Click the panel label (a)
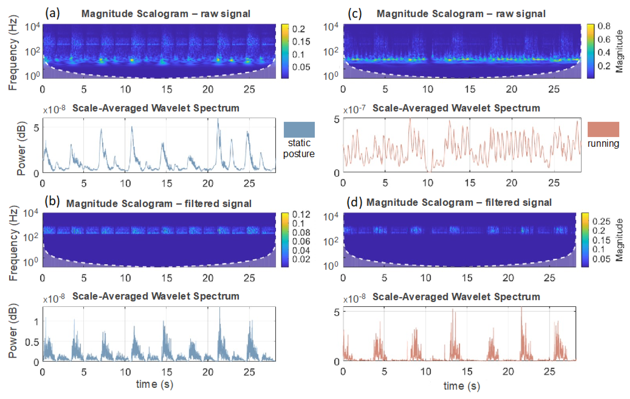pos(52,13)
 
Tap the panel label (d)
pos(354,202)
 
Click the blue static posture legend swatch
pos(299,130)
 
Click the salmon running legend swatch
pos(603,129)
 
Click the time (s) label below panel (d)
pos(462,386)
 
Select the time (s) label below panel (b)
pos(154,384)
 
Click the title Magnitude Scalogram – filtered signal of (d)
pos(459,202)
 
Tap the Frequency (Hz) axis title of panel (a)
pos(13,52)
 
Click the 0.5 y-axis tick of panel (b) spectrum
pos(32,342)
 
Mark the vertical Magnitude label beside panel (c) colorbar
pos(619,51)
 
